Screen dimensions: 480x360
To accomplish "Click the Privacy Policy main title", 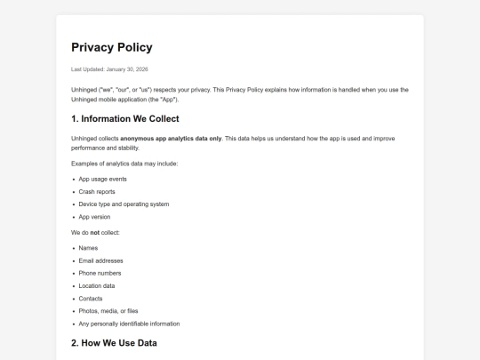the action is [x=111, y=47].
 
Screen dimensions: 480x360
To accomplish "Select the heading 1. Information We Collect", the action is [x=124, y=118].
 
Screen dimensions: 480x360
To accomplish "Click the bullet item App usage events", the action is [x=102, y=179].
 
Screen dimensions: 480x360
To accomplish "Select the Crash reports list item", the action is [x=97, y=191].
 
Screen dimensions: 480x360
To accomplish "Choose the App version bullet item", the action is [x=95, y=216].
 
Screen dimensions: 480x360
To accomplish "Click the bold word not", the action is [x=95, y=232].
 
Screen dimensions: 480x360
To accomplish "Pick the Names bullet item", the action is [x=88, y=248].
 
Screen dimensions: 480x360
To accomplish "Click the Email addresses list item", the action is [x=101, y=260].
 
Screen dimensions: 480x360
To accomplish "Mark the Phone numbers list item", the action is [x=100, y=273].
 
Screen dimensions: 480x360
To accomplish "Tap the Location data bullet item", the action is [x=97, y=285].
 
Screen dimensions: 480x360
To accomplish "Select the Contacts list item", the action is [x=91, y=299].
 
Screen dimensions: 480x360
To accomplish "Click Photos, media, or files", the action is [x=108, y=311].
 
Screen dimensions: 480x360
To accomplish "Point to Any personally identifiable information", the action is [x=129, y=324].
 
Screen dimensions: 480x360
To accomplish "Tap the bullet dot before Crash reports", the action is [x=73, y=191].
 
